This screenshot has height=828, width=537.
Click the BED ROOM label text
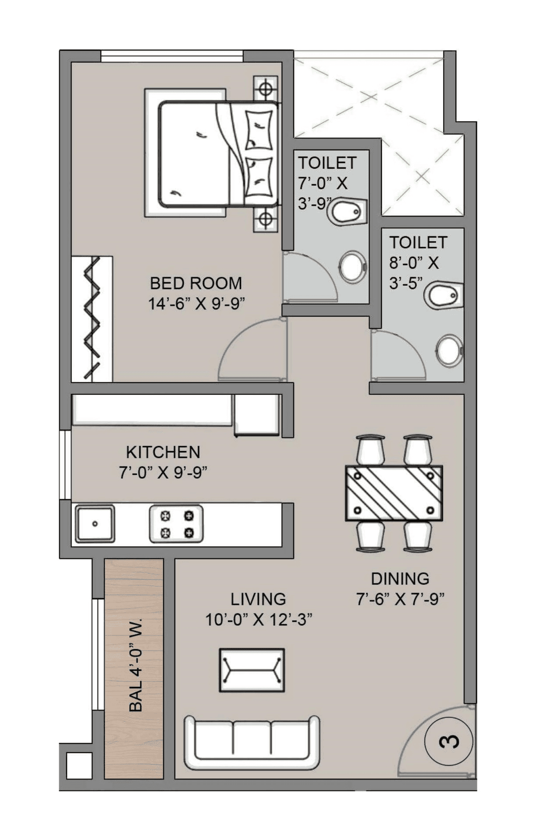[x=196, y=283]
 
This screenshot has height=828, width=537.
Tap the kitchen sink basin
[x=95, y=523]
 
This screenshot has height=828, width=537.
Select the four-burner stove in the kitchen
[x=176, y=524]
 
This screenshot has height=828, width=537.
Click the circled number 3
[x=448, y=741]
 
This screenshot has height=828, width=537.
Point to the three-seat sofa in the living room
[x=252, y=743]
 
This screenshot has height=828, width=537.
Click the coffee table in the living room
[x=252, y=670]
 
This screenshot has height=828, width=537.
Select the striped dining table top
[x=394, y=493]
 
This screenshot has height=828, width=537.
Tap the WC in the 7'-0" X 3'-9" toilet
[x=349, y=212]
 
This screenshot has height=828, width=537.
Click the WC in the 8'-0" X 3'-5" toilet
[x=443, y=295]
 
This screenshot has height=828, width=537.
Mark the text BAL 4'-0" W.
[x=136, y=665]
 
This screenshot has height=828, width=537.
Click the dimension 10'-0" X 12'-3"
[x=259, y=619]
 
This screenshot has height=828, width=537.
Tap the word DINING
[x=400, y=579]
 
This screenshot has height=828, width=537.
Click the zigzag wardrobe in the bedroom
[x=92, y=319]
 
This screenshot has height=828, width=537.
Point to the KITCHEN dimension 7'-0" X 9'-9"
[x=163, y=473]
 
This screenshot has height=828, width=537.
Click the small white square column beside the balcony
[x=79, y=765]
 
